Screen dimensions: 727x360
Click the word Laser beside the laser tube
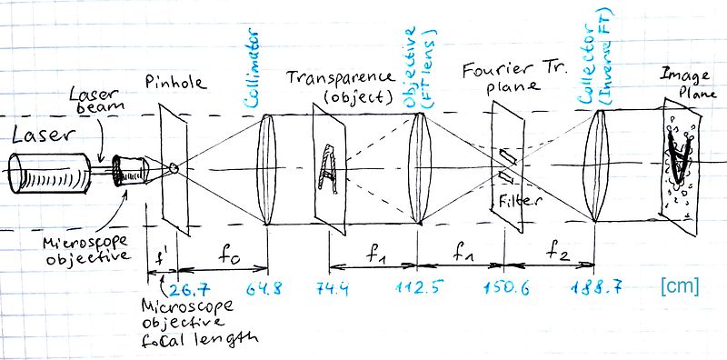coord(43,135)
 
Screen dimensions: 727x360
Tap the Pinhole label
coord(174,83)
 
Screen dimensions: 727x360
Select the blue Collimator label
coord(253,74)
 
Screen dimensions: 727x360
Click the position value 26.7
coord(189,289)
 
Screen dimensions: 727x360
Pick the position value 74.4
coord(332,289)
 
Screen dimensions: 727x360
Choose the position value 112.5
coord(415,288)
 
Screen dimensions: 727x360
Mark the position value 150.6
coord(505,288)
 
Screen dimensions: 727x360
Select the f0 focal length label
coord(226,255)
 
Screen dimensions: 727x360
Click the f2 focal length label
coord(555,252)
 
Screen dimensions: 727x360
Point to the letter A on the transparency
coord(329,165)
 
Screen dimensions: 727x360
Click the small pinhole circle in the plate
coord(174,168)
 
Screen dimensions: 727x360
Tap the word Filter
coord(520,200)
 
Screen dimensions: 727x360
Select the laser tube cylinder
coord(50,173)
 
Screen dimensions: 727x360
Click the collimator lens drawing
coord(264,170)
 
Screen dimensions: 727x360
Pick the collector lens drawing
coord(595,165)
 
